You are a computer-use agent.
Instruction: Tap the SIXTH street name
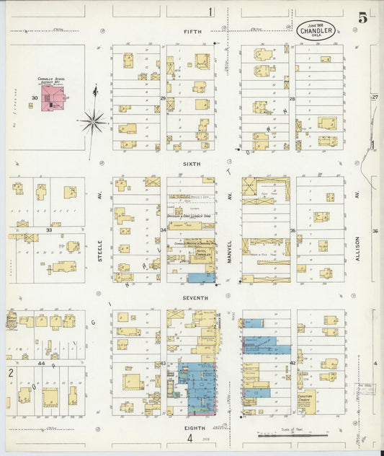(191, 165)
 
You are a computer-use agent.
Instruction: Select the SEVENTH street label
(195, 297)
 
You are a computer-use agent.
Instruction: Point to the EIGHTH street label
(194, 428)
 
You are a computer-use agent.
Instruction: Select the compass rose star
(94, 121)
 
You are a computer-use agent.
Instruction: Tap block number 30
(34, 97)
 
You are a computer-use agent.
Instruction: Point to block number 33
(49, 230)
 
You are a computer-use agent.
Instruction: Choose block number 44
(41, 363)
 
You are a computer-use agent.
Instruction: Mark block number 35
(293, 231)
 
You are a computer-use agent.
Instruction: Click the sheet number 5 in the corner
(362, 18)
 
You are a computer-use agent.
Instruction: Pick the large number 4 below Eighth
(190, 438)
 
